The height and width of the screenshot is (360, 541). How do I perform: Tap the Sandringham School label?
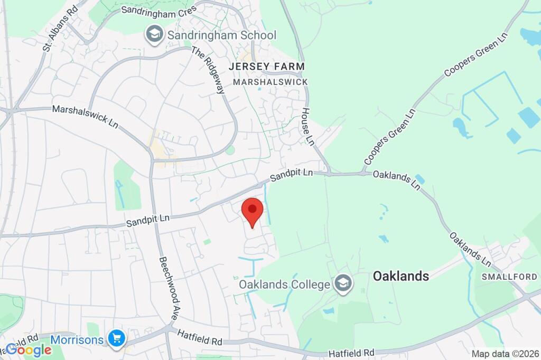click(x=221, y=35)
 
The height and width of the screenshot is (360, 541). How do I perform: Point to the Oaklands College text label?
click(x=285, y=285)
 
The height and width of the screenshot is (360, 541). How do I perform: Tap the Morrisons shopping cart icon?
click(x=116, y=338)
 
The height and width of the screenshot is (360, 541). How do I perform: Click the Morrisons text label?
click(x=77, y=339)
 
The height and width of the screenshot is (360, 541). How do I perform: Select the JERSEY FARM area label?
click(x=267, y=67)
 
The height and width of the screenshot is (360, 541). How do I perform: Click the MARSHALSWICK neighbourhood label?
click(x=270, y=82)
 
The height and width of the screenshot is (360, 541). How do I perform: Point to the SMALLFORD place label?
click(x=502, y=277)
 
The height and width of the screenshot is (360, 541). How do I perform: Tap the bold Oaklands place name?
click(x=400, y=276)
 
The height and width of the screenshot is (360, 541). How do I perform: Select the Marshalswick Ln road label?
click(x=85, y=117)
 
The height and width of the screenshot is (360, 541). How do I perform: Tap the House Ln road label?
click(x=307, y=127)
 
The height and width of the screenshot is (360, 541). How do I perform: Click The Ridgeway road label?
click(x=208, y=70)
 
